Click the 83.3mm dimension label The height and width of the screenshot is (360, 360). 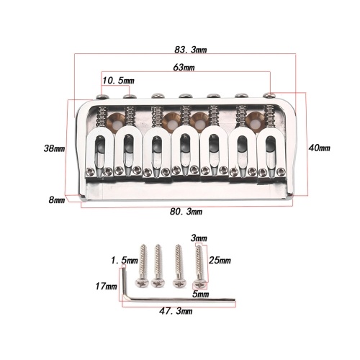point(191,50)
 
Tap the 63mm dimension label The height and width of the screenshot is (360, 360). point(184,68)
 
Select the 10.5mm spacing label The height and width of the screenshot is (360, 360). point(118,81)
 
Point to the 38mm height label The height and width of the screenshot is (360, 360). point(54,148)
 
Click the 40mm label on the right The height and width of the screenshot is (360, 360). point(320,148)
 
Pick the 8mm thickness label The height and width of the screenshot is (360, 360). point(57,199)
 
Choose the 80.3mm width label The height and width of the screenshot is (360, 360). point(186,212)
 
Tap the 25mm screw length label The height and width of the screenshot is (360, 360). point(220,260)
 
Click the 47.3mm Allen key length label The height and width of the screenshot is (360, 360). point(176,311)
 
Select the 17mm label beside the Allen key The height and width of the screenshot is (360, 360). point(107,287)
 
